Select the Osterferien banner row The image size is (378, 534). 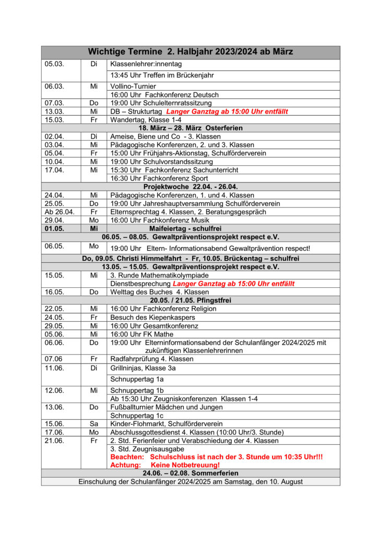click(x=191, y=128)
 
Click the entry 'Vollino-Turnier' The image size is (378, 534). click(x=133, y=86)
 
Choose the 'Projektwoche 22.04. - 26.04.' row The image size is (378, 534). click(x=191, y=187)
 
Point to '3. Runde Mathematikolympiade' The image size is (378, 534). click(x=159, y=275)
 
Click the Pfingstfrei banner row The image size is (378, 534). click(x=191, y=300)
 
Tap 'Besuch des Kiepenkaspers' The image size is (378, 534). click(x=152, y=317)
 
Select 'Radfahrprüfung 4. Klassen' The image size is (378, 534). click(x=152, y=359)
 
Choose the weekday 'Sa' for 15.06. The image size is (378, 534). click(x=94, y=424)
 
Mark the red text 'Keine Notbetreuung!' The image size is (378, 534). click(x=185, y=465)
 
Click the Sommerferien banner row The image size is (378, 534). click(x=191, y=473)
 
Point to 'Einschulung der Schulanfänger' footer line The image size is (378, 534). click(x=191, y=481)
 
